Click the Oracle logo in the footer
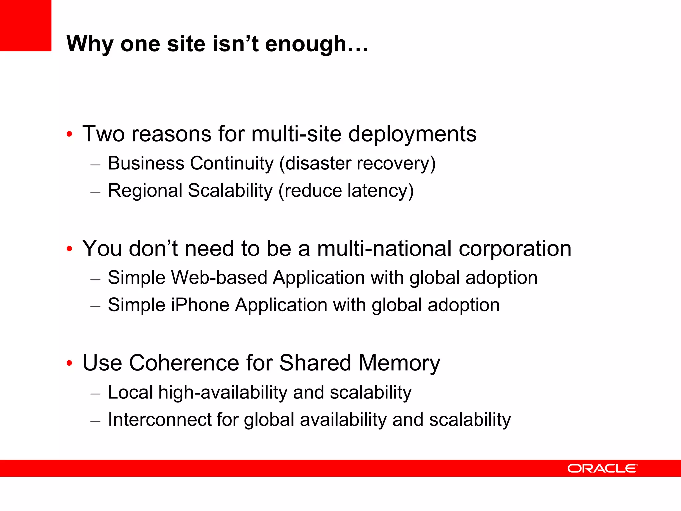tap(602, 468)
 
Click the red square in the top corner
tap(26, 26)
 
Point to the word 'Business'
tap(146, 163)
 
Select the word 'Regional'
tap(145, 191)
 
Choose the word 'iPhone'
tap(200, 305)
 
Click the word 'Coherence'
tap(184, 363)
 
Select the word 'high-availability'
tap(222, 393)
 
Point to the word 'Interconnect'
tap(160, 420)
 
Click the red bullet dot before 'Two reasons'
tap(69, 135)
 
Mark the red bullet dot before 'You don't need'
tap(69, 249)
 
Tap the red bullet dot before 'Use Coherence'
tap(69, 363)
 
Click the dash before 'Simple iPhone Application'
tap(95, 306)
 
